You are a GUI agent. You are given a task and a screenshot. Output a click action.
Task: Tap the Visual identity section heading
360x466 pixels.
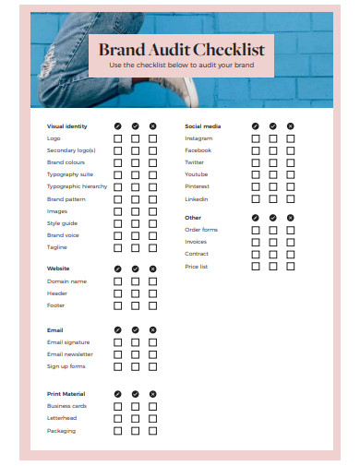[x=67, y=125]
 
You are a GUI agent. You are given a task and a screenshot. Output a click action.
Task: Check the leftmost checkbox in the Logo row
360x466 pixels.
[x=117, y=138]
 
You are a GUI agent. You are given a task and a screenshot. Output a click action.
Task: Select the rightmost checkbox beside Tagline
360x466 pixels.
[x=153, y=247]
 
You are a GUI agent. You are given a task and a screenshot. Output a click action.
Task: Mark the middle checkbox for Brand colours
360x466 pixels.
[x=136, y=162]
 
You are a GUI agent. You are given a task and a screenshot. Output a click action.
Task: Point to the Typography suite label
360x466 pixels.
[x=70, y=174]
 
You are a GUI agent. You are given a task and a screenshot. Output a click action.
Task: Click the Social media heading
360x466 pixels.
[x=203, y=125]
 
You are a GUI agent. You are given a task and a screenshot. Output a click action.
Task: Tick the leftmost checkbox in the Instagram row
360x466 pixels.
[x=256, y=138]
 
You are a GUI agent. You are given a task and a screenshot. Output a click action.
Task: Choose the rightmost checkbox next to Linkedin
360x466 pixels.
[x=291, y=199]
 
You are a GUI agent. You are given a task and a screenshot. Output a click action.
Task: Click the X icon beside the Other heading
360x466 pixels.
[x=291, y=218]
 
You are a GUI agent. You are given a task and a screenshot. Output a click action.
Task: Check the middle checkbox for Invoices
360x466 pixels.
[x=273, y=242]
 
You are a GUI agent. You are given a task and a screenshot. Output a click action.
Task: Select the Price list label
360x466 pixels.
[x=197, y=266]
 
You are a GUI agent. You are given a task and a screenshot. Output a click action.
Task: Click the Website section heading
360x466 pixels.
[x=58, y=269]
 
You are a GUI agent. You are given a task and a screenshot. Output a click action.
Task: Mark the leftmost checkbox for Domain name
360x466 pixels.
[x=117, y=281]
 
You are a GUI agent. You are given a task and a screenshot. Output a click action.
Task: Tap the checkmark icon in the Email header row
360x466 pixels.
[x=136, y=329]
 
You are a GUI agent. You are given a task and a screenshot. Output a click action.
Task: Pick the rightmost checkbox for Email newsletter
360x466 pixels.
[x=153, y=354]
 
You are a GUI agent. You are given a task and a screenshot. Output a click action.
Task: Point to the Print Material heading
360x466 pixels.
[x=66, y=394]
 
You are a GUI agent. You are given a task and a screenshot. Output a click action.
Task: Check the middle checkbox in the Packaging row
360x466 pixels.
[x=136, y=431]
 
